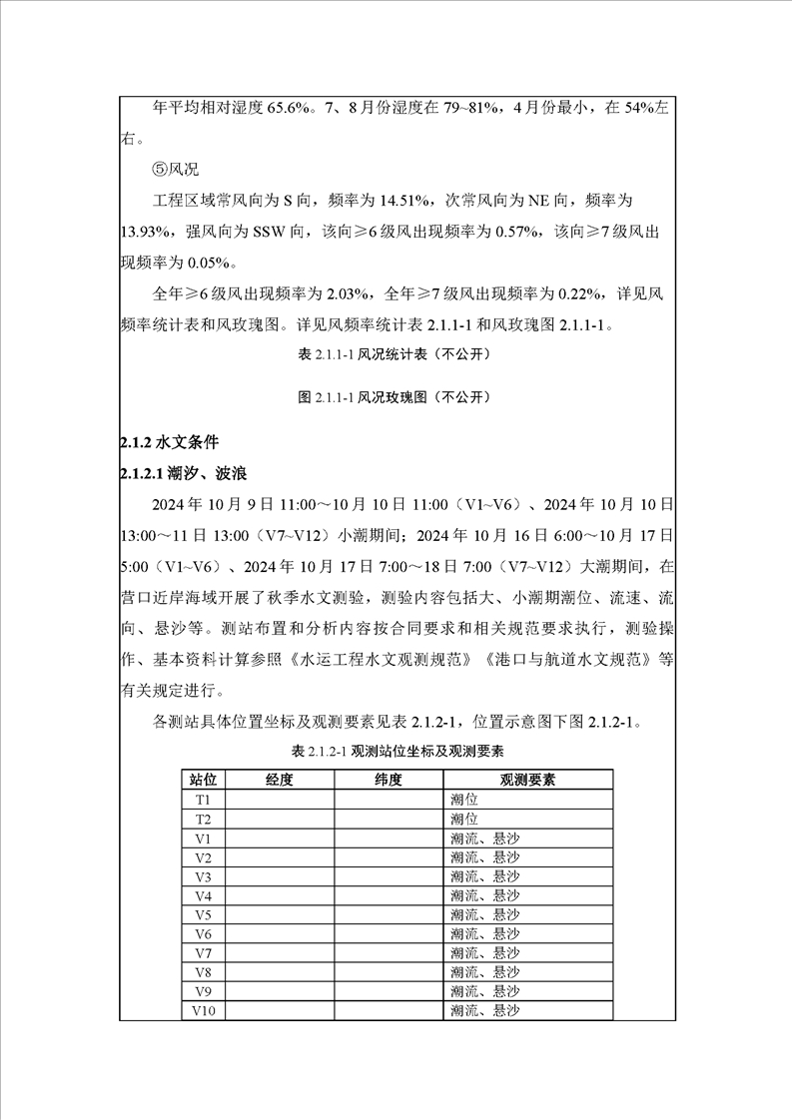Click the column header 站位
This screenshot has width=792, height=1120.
pyautogui.click(x=204, y=780)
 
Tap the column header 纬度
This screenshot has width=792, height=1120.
pyautogui.click(x=388, y=780)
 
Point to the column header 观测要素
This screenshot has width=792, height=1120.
pyautogui.click(x=527, y=780)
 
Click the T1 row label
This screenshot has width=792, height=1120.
pyautogui.click(x=204, y=800)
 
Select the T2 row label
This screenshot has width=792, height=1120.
pyautogui.click(x=204, y=819)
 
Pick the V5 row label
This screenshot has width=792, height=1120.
pyautogui.click(x=204, y=914)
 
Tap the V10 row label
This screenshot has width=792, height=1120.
pyautogui.click(x=204, y=1010)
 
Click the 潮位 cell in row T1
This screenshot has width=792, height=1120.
pyautogui.click(x=464, y=800)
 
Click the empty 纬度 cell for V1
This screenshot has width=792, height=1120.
pyautogui.click(x=388, y=839)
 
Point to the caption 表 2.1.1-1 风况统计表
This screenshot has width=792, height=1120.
pyautogui.click(x=395, y=353)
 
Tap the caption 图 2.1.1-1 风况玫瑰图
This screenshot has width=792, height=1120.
pyautogui.click(x=395, y=397)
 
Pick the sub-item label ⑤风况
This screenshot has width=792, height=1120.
pyautogui.click(x=176, y=170)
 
